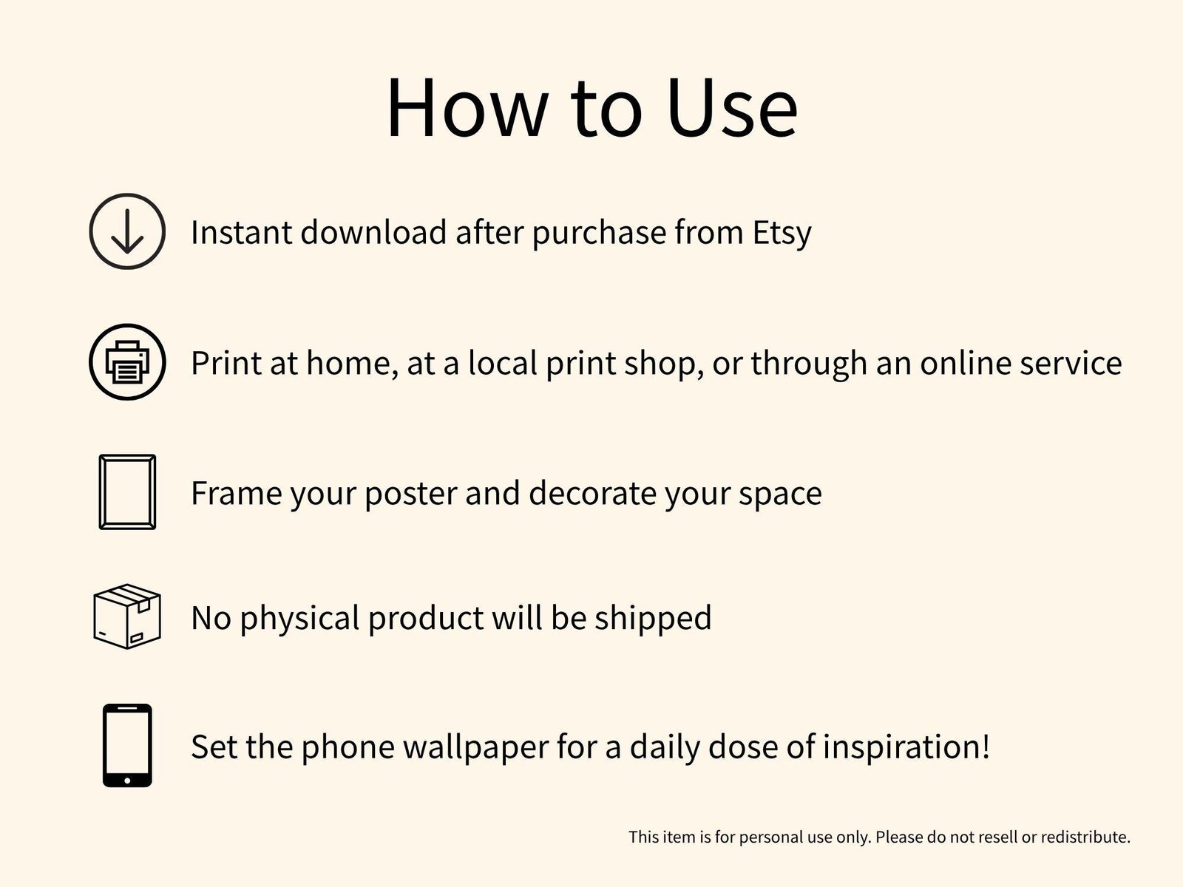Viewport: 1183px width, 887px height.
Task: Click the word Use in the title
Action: tap(732, 108)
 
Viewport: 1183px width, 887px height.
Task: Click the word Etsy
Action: tap(782, 234)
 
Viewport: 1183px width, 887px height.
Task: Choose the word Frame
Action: tap(236, 493)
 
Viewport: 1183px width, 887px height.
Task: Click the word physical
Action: tap(299, 618)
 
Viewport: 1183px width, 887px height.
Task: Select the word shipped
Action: tap(653, 618)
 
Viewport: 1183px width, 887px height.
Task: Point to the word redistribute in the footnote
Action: tap(1085, 837)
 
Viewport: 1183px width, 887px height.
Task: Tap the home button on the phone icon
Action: tap(127, 781)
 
